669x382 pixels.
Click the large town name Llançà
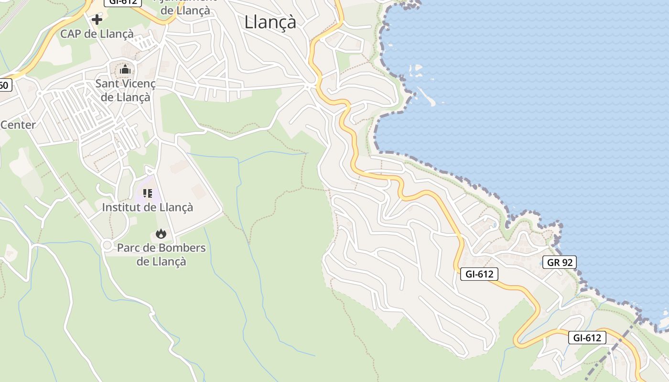pyautogui.click(x=270, y=22)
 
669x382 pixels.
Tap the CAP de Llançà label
pyautogui.click(x=97, y=34)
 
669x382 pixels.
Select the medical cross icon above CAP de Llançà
pyautogui.click(x=97, y=20)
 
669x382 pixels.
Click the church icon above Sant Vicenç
pyautogui.click(x=125, y=70)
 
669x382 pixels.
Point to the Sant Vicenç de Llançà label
pyautogui.click(x=125, y=90)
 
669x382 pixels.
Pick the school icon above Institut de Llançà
pyautogui.click(x=148, y=193)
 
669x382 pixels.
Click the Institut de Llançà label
pyautogui.click(x=147, y=207)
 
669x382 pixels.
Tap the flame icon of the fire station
pyautogui.click(x=161, y=233)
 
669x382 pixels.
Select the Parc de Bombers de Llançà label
pyautogui.click(x=161, y=255)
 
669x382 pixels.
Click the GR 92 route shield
pyautogui.click(x=560, y=262)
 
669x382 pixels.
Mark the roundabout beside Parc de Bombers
pyautogui.click(x=107, y=245)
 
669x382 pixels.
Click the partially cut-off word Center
pyautogui.click(x=18, y=125)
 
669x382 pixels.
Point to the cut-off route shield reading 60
pyautogui.click(x=4, y=85)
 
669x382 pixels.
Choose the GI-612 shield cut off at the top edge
pyautogui.click(x=123, y=2)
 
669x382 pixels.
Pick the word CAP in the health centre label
pyautogui.click(x=70, y=34)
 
